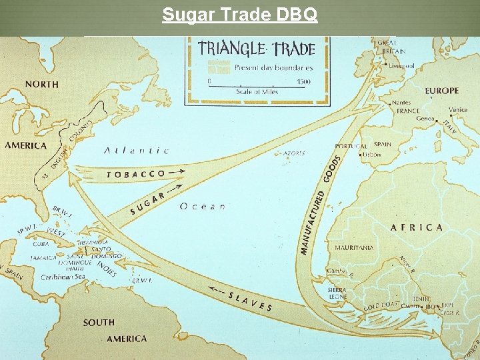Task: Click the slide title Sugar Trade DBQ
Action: (240, 14)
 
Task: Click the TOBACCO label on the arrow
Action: (136, 174)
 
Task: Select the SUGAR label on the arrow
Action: (147, 203)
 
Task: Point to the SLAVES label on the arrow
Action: (250, 301)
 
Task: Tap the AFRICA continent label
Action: (416, 227)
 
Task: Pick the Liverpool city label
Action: (401, 66)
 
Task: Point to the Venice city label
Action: (457, 109)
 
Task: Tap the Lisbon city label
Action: (372, 155)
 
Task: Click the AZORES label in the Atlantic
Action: (294, 153)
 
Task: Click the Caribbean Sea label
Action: (63, 277)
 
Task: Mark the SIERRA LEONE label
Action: (337, 293)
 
